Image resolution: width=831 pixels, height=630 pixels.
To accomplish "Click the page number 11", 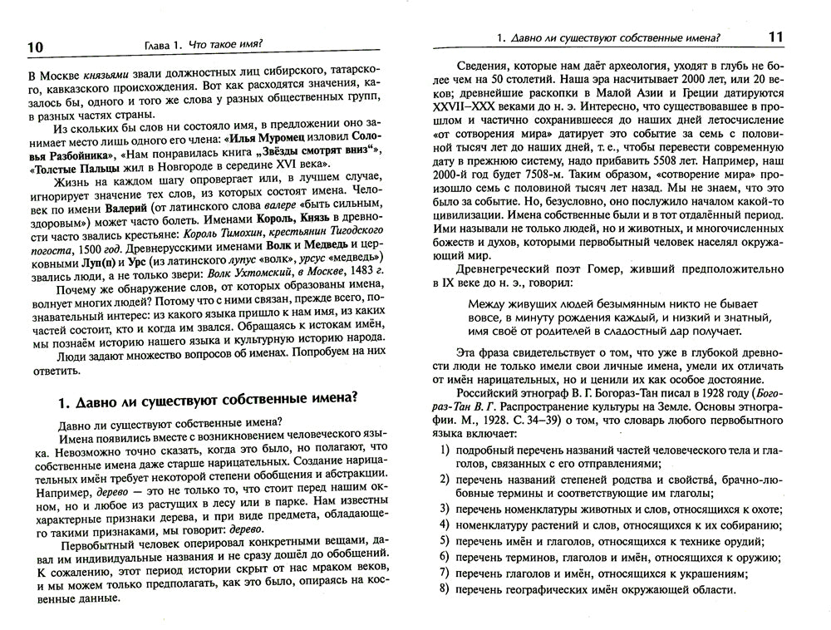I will pyautogui.click(x=792, y=37).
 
